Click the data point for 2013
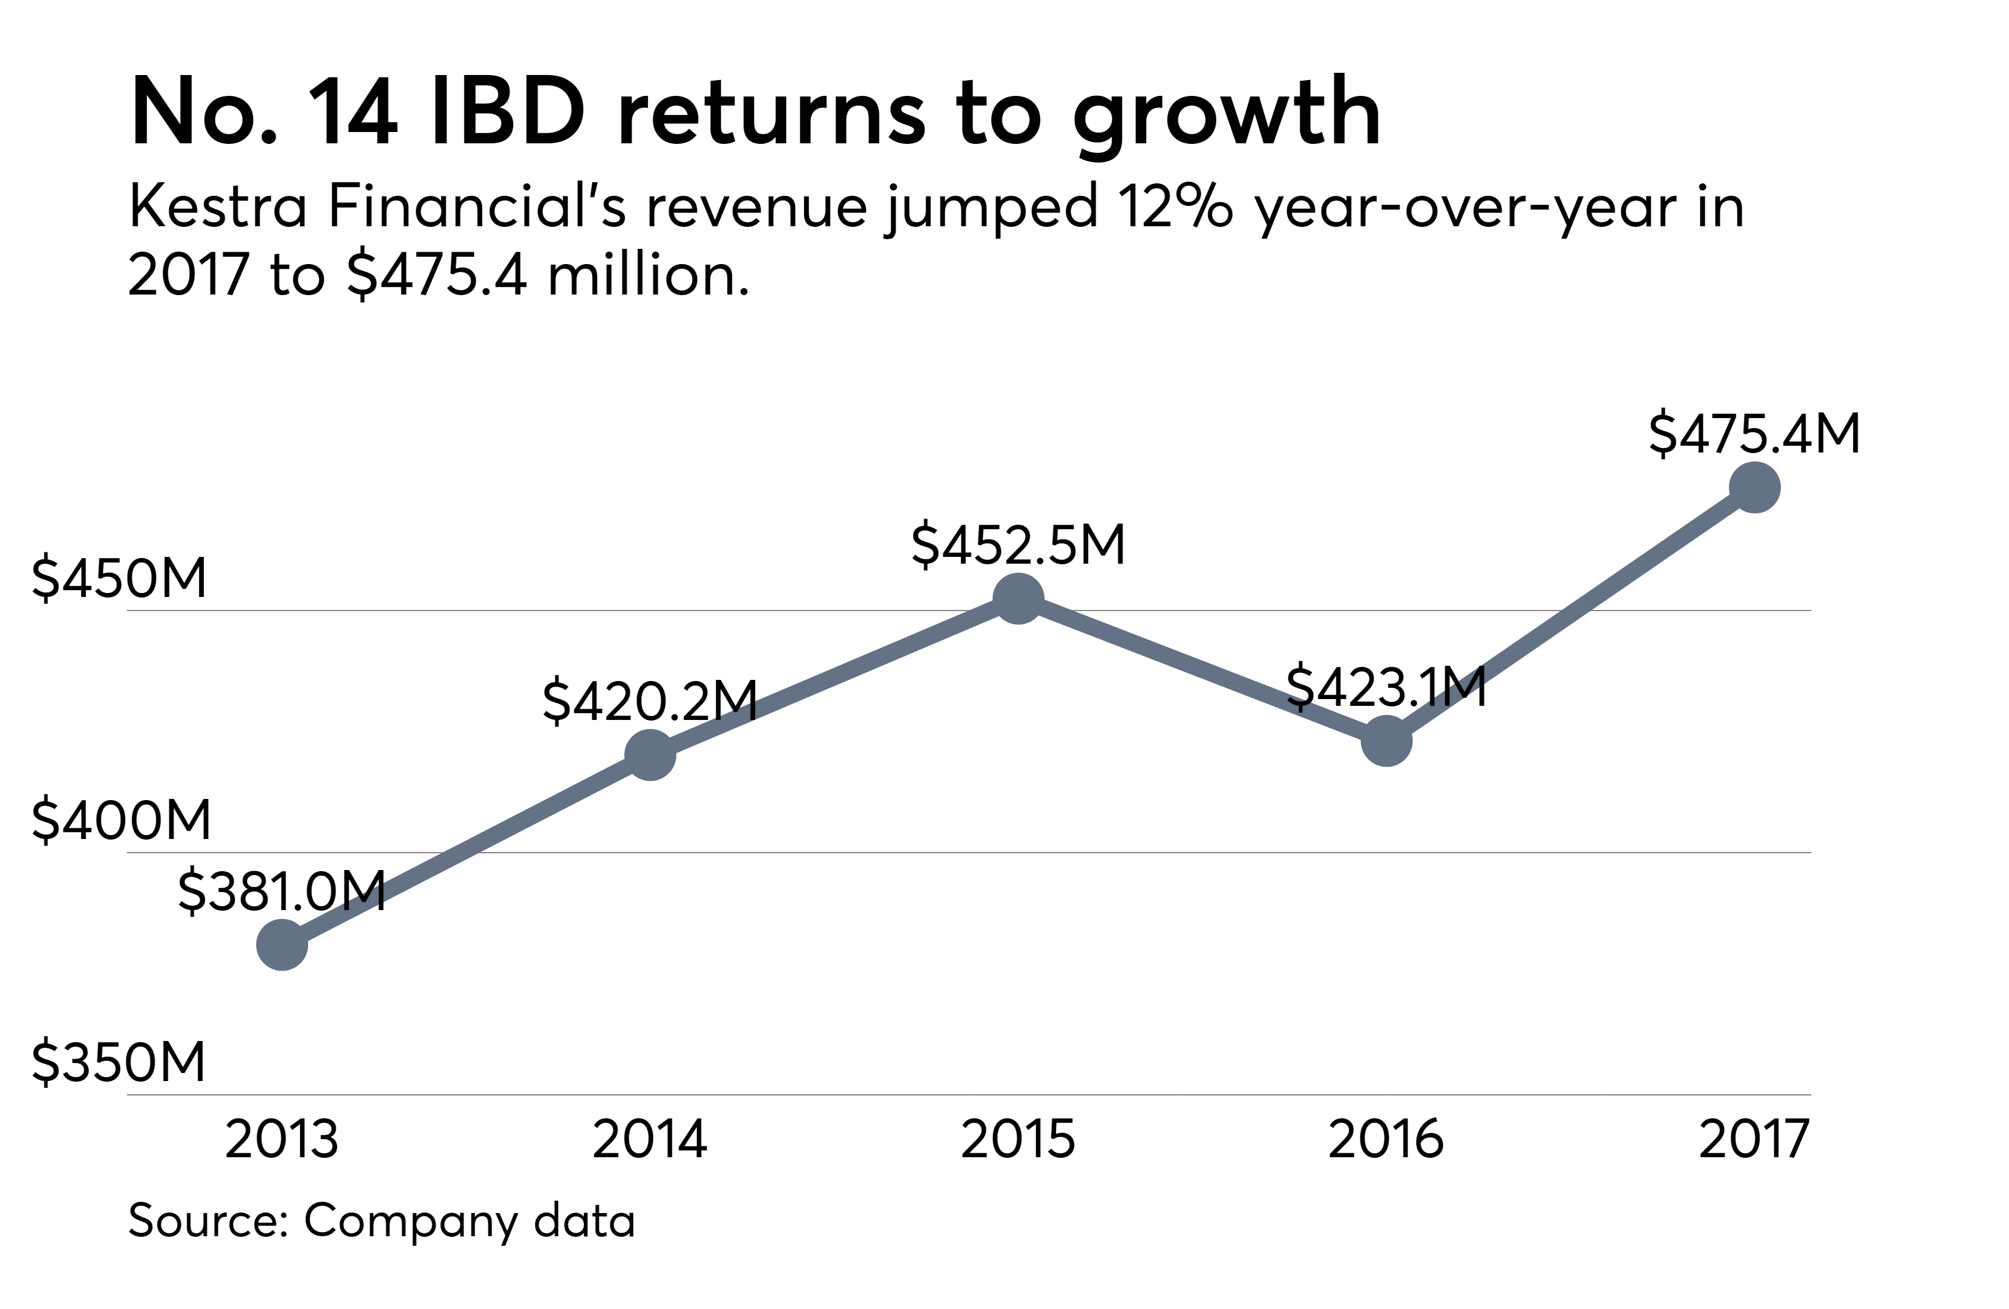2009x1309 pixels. [282, 945]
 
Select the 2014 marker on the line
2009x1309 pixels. [650, 754]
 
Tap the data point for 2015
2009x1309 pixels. [1018, 599]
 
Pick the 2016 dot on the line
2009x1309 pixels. [1387, 741]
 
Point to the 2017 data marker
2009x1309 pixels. [1755, 487]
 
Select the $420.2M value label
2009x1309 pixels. [650, 701]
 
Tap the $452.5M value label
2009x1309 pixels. [1018, 544]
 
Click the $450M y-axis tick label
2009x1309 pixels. [119, 578]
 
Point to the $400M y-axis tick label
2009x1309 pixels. [121, 819]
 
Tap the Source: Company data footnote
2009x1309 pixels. [381, 1220]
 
